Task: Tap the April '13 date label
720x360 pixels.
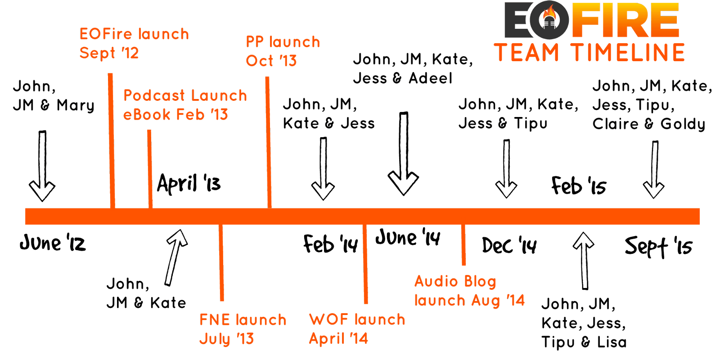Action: click(189, 183)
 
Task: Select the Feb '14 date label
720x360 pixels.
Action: click(330, 244)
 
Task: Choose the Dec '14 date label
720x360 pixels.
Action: click(509, 246)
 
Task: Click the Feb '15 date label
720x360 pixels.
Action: click(579, 186)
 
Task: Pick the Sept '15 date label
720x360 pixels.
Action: click(658, 247)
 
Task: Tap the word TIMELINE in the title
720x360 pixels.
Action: click(628, 53)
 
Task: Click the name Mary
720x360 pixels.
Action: click(76, 105)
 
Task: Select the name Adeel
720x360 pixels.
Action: click(430, 78)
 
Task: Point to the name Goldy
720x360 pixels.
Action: click(683, 124)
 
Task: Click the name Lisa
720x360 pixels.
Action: click(612, 342)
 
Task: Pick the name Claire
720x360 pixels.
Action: click(615, 124)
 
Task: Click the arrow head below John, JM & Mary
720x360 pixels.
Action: click(42, 191)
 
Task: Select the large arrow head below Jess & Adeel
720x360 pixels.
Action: click(403, 183)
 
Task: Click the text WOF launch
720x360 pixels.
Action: click(357, 319)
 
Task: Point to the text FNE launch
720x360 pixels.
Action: click(243, 320)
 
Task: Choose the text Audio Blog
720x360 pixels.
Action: click(455, 282)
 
